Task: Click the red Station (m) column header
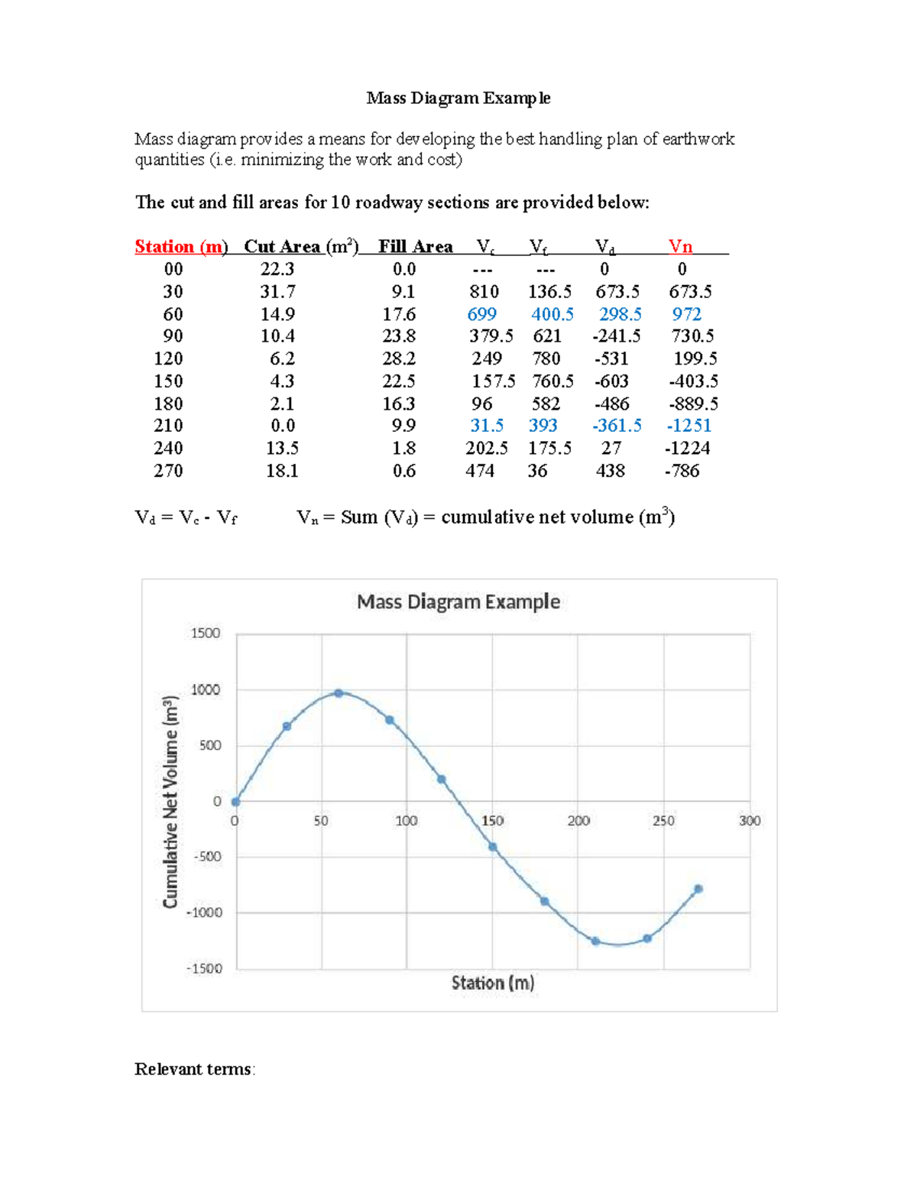(x=181, y=247)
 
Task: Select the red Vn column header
(x=680, y=247)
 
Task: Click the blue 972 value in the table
(x=686, y=314)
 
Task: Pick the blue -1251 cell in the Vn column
(x=689, y=426)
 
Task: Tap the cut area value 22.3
(x=277, y=269)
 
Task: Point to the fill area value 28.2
(x=399, y=358)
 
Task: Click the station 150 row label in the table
(x=168, y=381)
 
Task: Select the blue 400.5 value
(x=552, y=314)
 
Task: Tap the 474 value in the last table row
(x=480, y=471)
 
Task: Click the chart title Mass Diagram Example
(x=458, y=602)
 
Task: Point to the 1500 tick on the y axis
(x=205, y=633)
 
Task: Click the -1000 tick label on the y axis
(x=203, y=913)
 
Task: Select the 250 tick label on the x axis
(x=663, y=821)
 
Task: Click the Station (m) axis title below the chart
(x=493, y=983)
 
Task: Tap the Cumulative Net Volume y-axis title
(x=170, y=802)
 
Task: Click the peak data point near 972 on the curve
(x=339, y=693)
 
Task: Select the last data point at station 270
(x=698, y=889)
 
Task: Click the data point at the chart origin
(x=235, y=802)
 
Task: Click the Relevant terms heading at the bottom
(x=193, y=1069)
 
